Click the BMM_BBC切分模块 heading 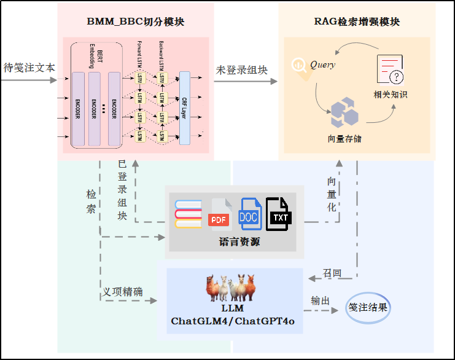(x=136, y=22)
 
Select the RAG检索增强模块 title (x=357, y=22)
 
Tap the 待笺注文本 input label (x=29, y=68)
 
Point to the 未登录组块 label (x=242, y=70)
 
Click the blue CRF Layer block (x=185, y=108)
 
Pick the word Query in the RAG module (x=322, y=65)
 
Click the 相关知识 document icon (x=391, y=70)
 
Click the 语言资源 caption (x=239, y=241)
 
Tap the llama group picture (x=234, y=288)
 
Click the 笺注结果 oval (x=368, y=307)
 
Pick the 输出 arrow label (x=321, y=300)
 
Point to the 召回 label (x=332, y=273)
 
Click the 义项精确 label (x=123, y=292)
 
